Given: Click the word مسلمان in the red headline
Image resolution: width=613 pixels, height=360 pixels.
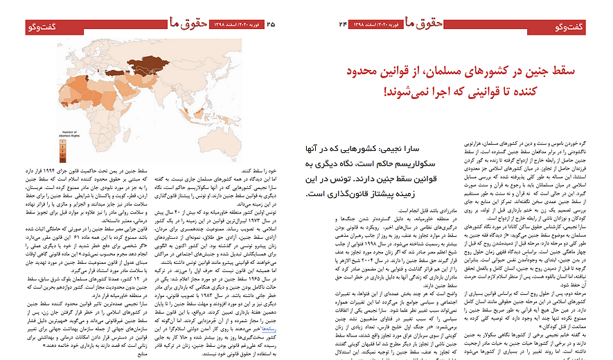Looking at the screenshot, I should click(x=474, y=72).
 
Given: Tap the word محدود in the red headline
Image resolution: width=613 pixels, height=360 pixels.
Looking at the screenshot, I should click(x=367, y=72).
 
